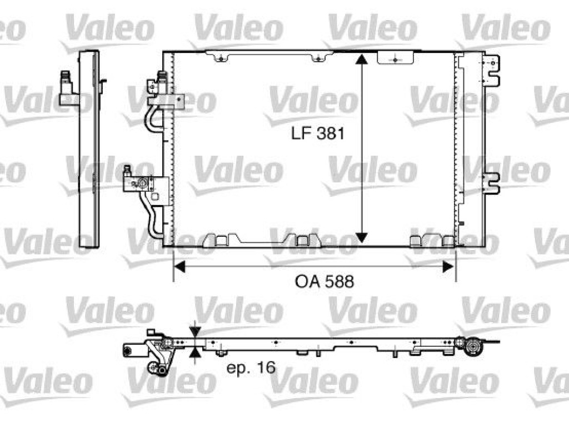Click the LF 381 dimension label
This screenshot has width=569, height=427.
click(317, 133)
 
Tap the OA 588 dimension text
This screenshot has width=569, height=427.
click(324, 281)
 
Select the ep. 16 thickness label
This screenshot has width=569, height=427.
click(251, 368)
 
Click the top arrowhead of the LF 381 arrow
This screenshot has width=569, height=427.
click(360, 59)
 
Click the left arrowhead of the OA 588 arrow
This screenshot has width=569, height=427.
click(179, 267)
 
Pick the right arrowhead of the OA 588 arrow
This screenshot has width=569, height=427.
click(448, 267)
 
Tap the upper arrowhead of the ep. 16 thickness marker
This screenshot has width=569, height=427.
click(195, 331)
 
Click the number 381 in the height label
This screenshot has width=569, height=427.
click(331, 133)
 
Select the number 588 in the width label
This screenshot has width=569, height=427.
click(340, 281)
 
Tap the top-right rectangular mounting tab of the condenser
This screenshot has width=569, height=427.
click(395, 58)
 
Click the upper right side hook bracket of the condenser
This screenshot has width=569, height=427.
click(492, 71)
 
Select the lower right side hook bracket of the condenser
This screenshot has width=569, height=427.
click(493, 182)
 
